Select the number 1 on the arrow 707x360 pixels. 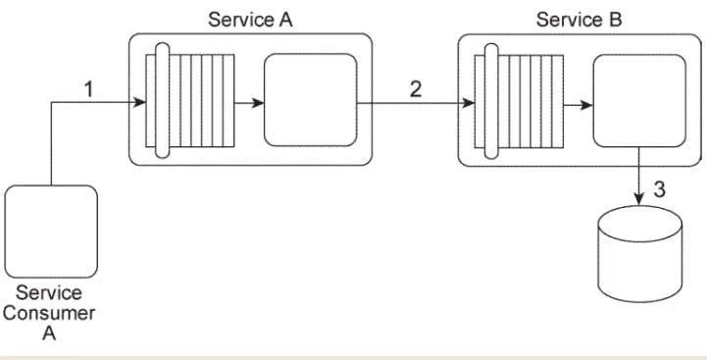[x=89, y=89]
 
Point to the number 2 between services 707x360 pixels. [x=416, y=89]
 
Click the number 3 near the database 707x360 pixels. [x=659, y=189]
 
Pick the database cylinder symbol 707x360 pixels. [x=639, y=252]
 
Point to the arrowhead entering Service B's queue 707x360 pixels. [x=467, y=100]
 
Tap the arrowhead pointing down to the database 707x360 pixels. [x=639, y=199]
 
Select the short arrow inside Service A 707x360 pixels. [x=247, y=100]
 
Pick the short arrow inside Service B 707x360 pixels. [x=577, y=100]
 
